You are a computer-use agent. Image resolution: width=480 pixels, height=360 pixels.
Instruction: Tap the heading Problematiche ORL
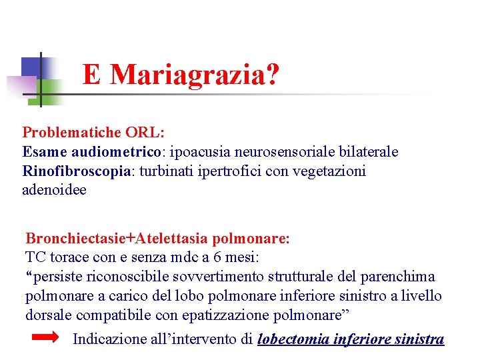click(x=93, y=133)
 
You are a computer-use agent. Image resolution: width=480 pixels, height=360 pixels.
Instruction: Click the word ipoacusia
click(x=197, y=152)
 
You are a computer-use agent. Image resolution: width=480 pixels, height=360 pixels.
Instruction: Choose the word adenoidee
click(x=54, y=190)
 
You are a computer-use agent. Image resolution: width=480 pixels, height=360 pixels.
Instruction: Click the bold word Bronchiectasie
click(x=75, y=238)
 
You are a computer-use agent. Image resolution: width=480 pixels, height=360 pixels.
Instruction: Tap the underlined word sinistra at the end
click(x=419, y=339)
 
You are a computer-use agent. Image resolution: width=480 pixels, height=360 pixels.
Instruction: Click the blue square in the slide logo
click(x=31, y=68)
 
